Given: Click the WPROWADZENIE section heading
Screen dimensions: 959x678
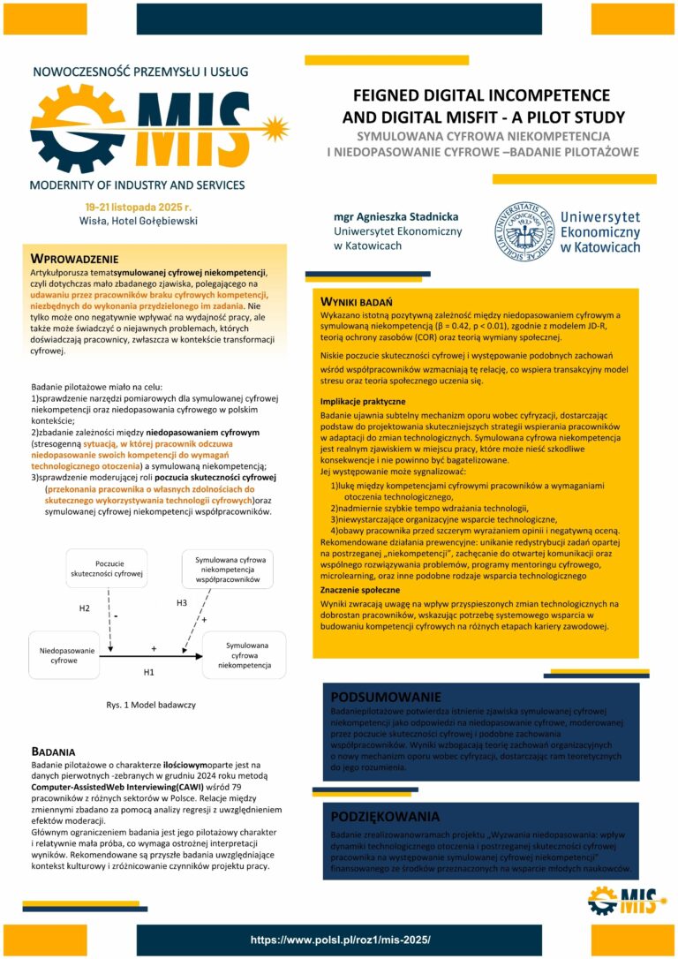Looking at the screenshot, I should click(x=74, y=259).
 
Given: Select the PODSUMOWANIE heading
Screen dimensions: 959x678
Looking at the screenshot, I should click(x=386, y=696).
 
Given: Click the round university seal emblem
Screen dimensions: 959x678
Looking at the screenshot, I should click(x=523, y=229).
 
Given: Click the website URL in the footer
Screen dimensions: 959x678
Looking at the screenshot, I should click(x=338, y=940).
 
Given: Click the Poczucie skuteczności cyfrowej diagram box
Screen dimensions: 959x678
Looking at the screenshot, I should click(x=107, y=569).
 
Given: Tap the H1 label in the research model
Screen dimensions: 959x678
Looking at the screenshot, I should click(x=148, y=672).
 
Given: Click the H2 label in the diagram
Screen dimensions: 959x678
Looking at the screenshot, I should click(x=85, y=608).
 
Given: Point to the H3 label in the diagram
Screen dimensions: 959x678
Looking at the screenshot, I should click(x=181, y=602).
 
